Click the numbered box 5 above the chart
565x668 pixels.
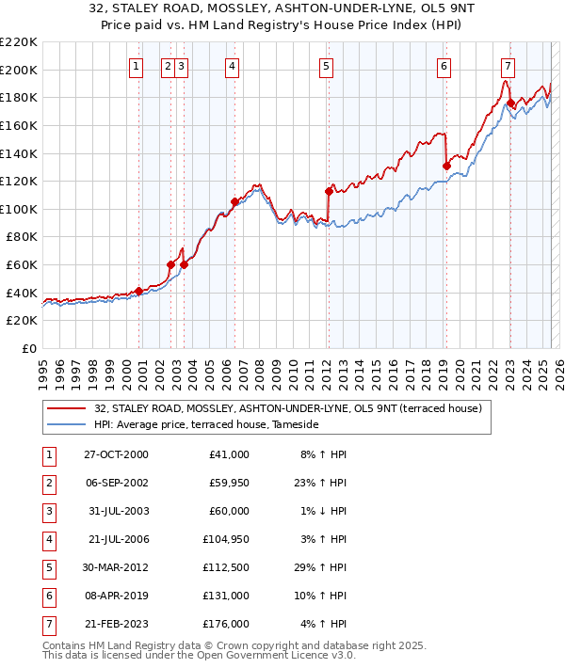pyautogui.click(x=325, y=66)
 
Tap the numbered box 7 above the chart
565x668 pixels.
pyautogui.click(x=508, y=66)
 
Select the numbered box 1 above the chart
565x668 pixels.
pyautogui.click(x=137, y=66)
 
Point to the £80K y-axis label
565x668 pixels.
pyautogui.click(x=22, y=237)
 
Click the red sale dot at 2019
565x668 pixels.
pyautogui.click(x=446, y=166)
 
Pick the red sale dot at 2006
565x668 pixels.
pyautogui.click(x=234, y=201)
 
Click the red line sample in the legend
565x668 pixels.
pyautogui.click(x=65, y=408)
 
